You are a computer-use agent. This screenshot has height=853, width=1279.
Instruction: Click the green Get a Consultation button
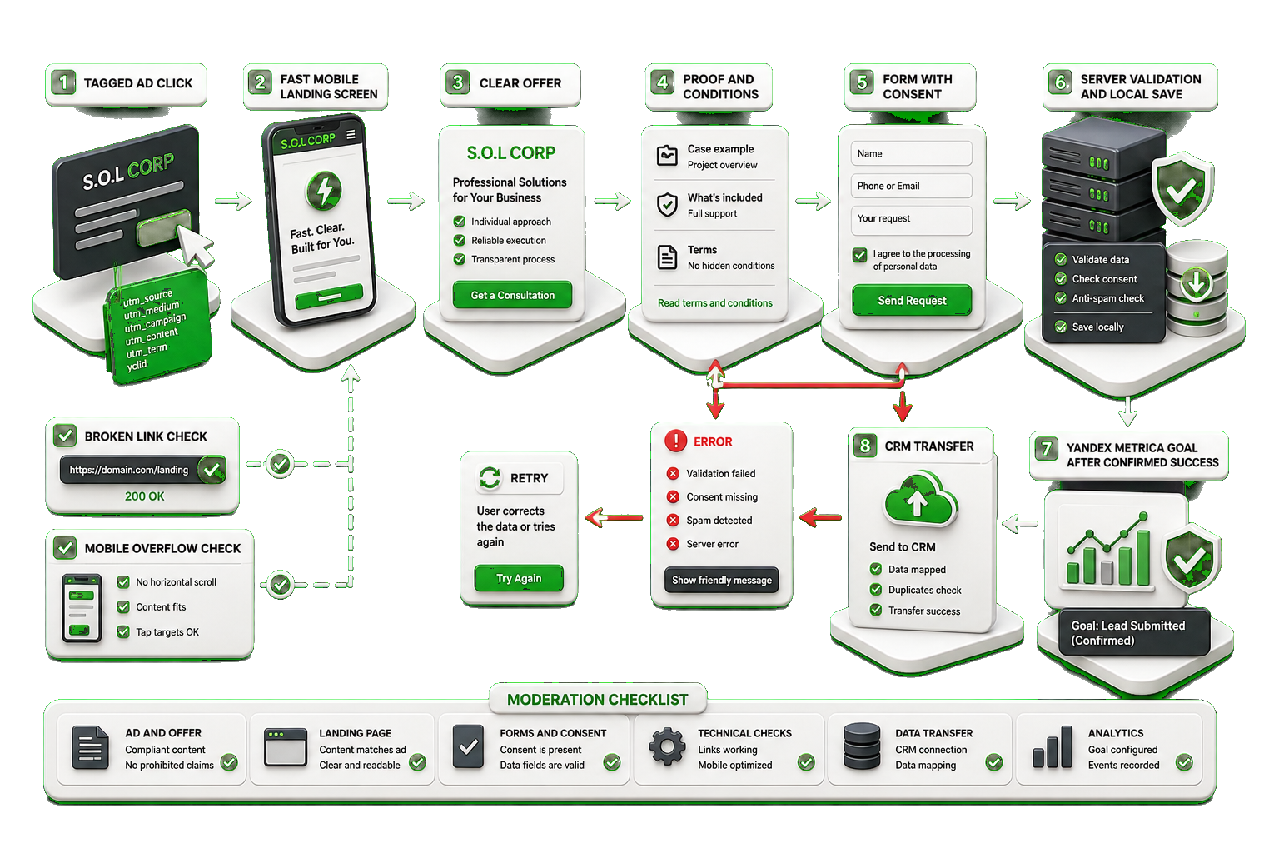pyautogui.click(x=512, y=295)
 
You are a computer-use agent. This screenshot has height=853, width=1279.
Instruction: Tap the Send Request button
pyautogui.click(x=912, y=300)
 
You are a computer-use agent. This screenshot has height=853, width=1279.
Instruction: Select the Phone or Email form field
pyautogui.click(x=911, y=186)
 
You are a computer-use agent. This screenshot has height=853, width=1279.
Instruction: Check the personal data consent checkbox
pyautogui.click(x=860, y=255)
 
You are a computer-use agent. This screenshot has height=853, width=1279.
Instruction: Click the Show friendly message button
pyautogui.click(x=722, y=580)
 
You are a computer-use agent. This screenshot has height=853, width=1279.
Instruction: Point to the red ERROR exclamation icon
pyautogui.click(x=675, y=441)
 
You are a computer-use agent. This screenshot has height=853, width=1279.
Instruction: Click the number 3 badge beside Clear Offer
pyautogui.click(x=457, y=82)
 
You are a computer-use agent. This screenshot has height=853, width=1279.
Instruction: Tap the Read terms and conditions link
pyautogui.click(x=715, y=303)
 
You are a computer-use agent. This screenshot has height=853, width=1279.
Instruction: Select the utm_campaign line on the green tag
pyautogui.click(x=156, y=323)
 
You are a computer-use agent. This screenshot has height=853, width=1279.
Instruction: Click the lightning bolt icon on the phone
pyautogui.click(x=324, y=190)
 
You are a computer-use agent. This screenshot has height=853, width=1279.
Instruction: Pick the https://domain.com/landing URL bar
pyautogui.click(x=142, y=470)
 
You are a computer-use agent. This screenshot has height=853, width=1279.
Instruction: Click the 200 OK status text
pyautogui.click(x=144, y=496)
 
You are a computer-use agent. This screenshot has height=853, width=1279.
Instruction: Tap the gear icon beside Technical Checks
pyautogui.click(x=668, y=746)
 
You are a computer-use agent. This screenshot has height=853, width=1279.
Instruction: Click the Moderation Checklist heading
pyautogui.click(x=597, y=700)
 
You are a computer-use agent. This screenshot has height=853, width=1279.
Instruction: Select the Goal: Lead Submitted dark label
pyautogui.click(x=1134, y=632)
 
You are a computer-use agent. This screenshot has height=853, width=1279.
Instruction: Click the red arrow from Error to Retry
pyautogui.click(x=614, y=517)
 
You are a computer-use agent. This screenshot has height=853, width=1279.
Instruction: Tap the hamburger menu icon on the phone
pyautogui.click(x=351, y=135)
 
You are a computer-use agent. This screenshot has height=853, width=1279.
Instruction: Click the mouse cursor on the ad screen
pyautogui.click(x=196, y=246)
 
